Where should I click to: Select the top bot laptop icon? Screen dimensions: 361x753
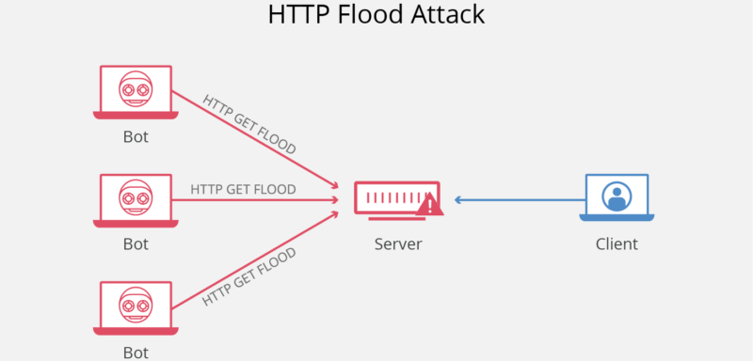(136, 91)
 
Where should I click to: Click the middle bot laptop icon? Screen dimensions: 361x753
(136, 199)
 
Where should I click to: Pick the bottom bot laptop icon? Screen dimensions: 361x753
(136, 307)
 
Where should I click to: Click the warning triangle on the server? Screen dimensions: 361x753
(430, 204)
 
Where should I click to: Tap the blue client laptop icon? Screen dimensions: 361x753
(617, 197)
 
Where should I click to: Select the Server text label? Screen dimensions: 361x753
(398, 244)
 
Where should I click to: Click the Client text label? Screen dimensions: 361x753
(617, 244)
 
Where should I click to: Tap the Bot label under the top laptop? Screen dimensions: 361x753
(136, 136)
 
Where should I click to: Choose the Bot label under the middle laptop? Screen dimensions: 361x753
(136, 244)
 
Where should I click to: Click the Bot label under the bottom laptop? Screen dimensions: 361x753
(136, 353)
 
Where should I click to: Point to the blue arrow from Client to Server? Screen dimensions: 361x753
(518, 199)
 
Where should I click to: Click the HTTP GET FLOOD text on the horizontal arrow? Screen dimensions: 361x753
(243, 189)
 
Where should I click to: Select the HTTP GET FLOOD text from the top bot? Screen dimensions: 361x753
(249, 124)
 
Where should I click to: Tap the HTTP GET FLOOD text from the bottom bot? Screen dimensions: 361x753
(250, 275)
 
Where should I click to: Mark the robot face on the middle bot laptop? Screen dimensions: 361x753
(136, 197)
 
